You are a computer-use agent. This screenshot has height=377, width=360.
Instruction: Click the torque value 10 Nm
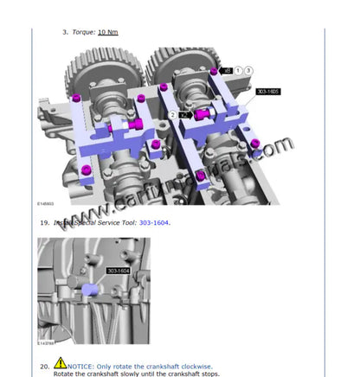click(107, 32)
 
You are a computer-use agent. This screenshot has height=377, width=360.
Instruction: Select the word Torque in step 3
click(83, 32)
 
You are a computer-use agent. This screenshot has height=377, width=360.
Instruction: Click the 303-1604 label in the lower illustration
click(119, 271)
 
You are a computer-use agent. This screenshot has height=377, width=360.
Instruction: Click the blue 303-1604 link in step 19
click(155, 223)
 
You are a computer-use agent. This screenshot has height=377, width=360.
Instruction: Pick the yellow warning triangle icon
click(61, 364)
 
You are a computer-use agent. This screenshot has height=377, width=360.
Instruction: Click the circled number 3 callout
click(249, 69)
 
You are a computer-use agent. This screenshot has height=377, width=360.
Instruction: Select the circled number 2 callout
click(174, 114)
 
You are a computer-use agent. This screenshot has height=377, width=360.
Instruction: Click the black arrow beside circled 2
click(187, 114)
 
